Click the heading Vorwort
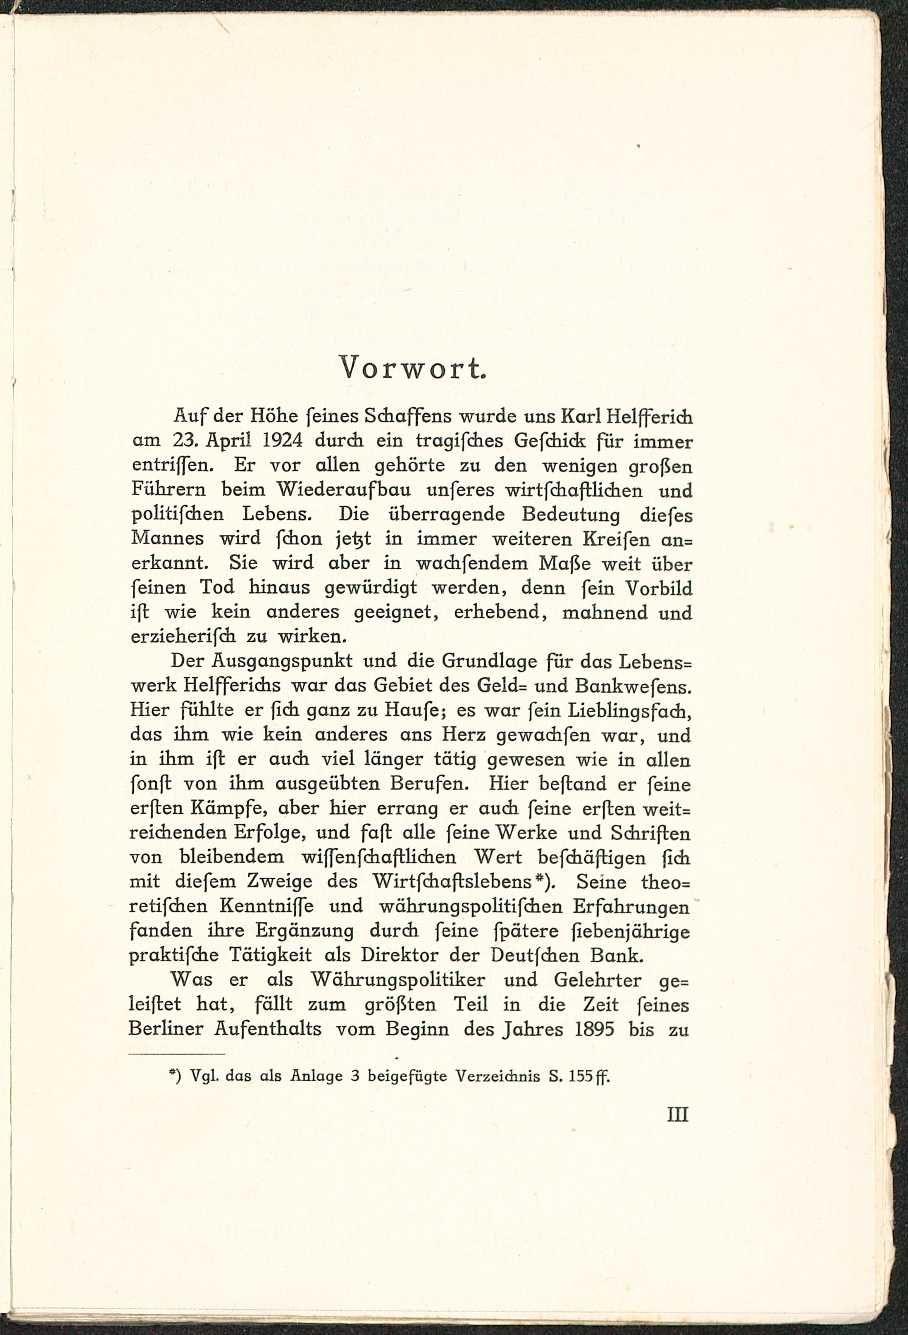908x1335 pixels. click(x=413, y=368)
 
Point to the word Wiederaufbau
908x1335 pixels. click(x=344, y=489)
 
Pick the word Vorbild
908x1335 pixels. click(x=658, y=588)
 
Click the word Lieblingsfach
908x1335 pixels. click(x=630, y=710)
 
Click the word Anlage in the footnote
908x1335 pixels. click(x=316, y=1076)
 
